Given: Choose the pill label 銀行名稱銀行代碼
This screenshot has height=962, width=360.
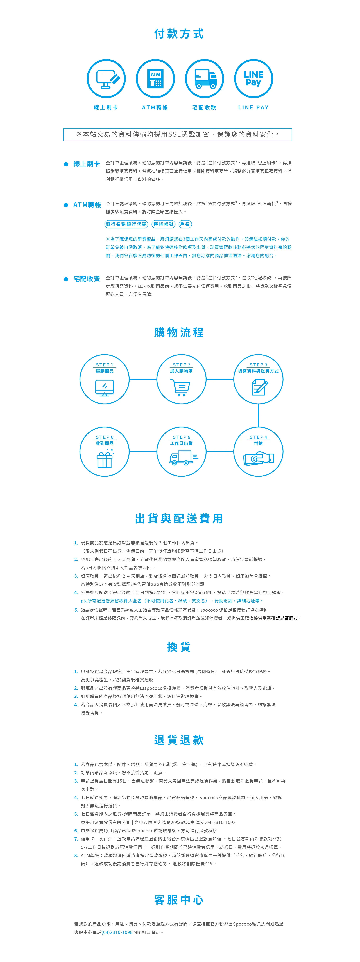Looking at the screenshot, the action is pyautogui.click(x=126, y=224).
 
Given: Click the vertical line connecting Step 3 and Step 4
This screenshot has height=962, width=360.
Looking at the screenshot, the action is pyautogui.click(x=258, y=415).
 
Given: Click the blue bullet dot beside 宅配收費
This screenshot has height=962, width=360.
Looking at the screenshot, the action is pyautogui.click(x=66, y=279).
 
